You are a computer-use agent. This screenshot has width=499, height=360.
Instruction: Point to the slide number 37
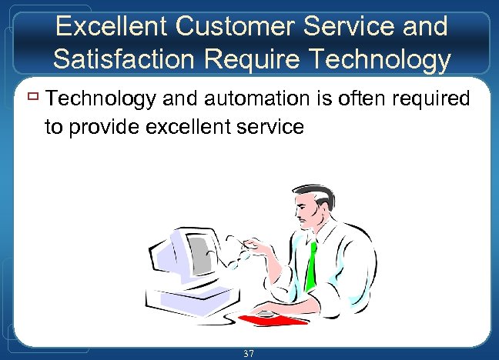[x=248, y=353]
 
